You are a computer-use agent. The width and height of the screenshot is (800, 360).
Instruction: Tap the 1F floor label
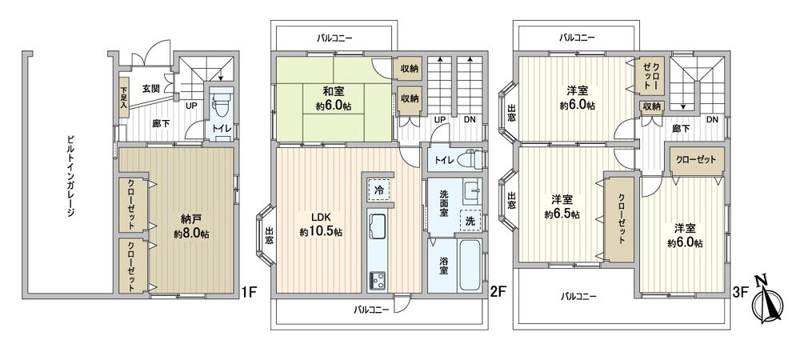coord(248,292)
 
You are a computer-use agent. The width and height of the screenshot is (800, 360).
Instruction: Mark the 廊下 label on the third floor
coord(681,127)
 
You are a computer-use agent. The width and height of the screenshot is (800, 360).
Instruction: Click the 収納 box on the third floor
coord(651,106)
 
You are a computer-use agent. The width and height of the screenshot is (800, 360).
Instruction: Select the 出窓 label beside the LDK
coord(269,237)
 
